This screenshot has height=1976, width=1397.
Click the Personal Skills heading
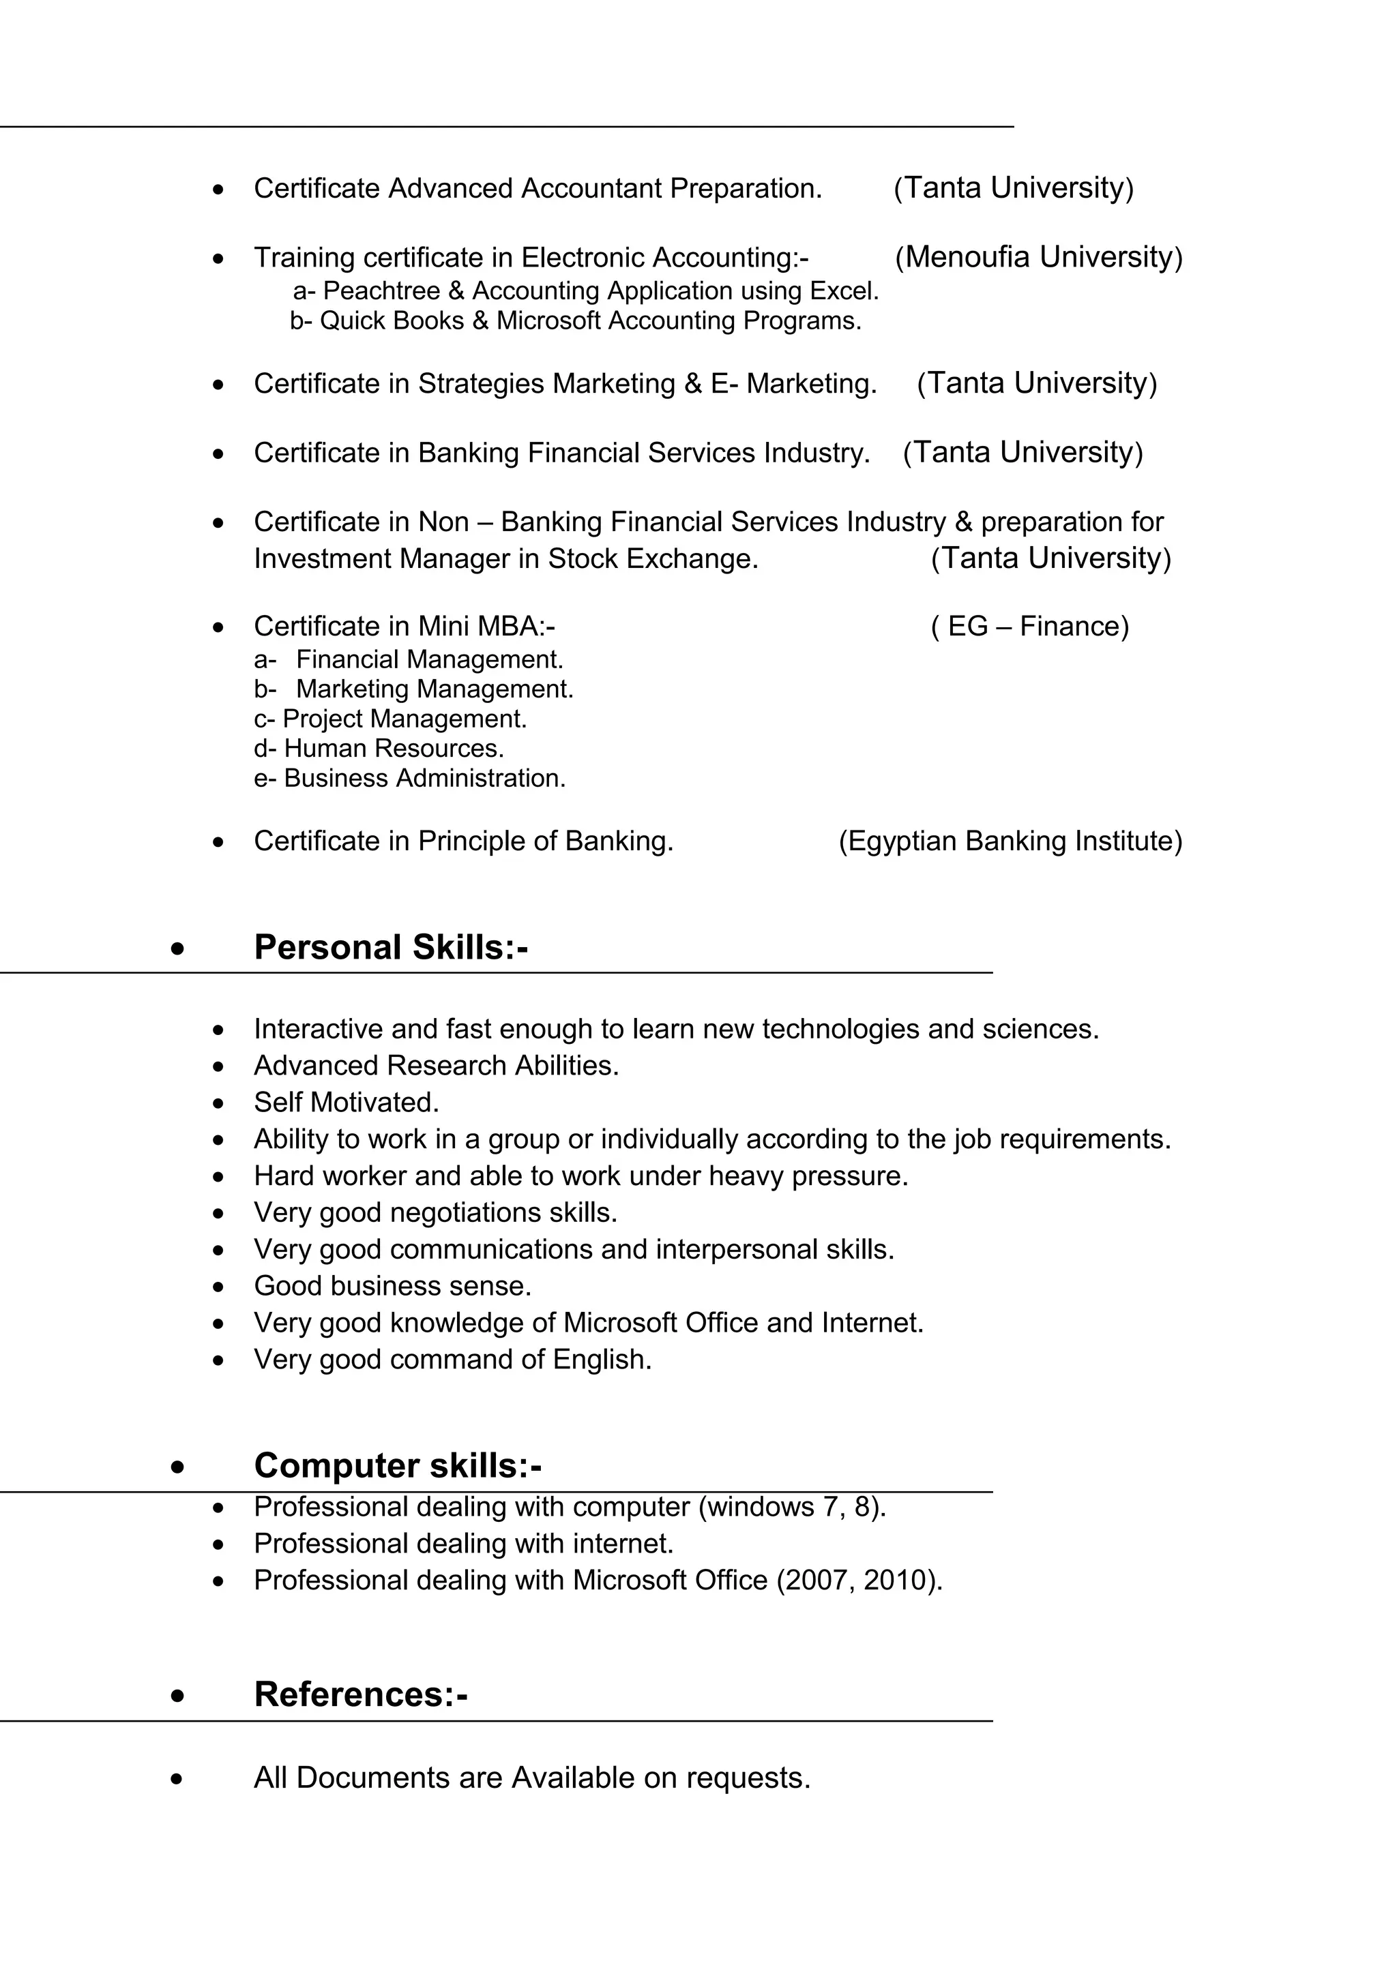[x=391, y=948]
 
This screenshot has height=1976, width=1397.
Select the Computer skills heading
[x=398, y=1466]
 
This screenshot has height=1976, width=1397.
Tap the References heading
[x=361, y=1694]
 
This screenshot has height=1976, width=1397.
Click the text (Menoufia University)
[x=1039, y=256]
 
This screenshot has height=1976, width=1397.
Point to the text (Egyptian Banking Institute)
[x=1010, y=841]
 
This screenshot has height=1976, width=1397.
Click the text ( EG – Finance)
[x=1029, y=626]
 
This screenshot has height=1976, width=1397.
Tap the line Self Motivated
[x=346, y=1103]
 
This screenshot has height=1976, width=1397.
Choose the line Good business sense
[x=392, y=1286]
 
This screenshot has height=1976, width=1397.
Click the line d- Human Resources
[x=379, y=749]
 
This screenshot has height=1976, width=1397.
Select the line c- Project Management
[x=390, y=719]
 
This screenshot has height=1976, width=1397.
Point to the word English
[x=600, y=1360]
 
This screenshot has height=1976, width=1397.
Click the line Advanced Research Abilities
[x=437, y=1066]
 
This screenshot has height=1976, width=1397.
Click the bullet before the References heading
[x=177, y=1696]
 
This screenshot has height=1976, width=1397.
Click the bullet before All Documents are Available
[x=177, y=1779]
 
